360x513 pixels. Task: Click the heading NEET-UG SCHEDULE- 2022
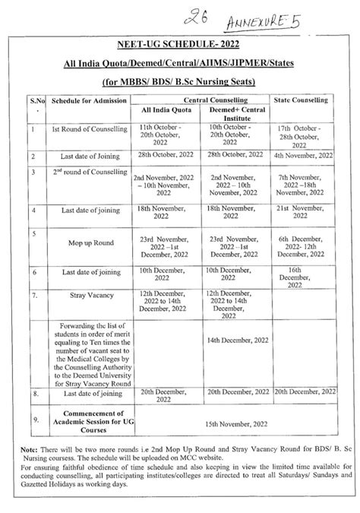click(x=180, y=46)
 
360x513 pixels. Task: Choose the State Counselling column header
click(x=304, y=99)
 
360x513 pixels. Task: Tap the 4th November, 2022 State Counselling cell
click(x=304, y=154)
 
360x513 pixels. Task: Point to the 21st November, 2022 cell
click(x=304, y=211)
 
